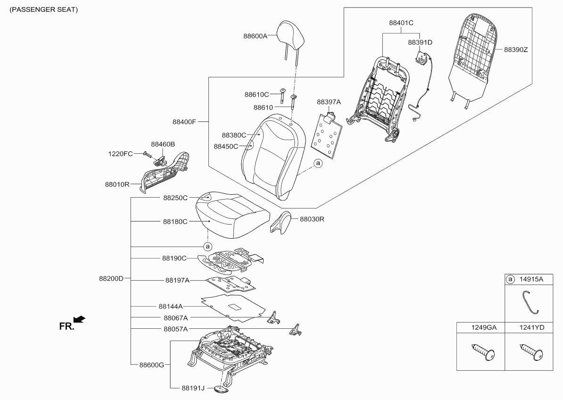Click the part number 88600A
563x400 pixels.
click(x=256, y=36)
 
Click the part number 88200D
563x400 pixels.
click(x=111, y=278)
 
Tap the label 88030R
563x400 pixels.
click(x=312, y=219)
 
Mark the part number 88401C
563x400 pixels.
click(x=401, y=22)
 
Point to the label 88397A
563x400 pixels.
click(x=329, y=102)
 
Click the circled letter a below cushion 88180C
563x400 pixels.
click(x=207, y=246)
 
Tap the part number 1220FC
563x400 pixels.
click(x=121, y=153)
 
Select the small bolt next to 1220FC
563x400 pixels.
click(x=147, y=154)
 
